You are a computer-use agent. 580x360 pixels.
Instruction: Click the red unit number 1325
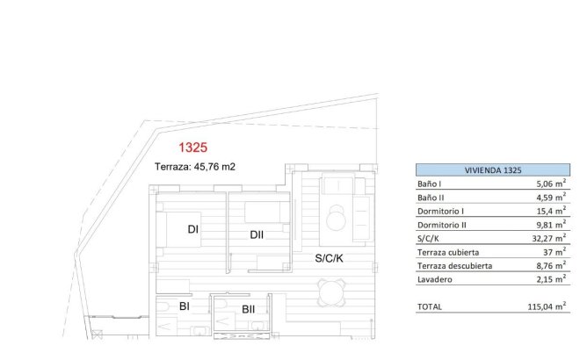192,148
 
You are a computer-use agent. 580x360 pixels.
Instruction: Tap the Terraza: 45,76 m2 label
194,166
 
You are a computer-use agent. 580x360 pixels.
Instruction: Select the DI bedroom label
193,230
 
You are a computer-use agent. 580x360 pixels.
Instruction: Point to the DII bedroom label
257,234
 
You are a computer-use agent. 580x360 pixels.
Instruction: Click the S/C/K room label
330,258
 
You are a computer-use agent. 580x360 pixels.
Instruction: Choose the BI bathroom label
185,306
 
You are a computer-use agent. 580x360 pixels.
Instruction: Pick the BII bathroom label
249,308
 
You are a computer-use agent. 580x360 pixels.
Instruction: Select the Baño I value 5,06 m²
549,184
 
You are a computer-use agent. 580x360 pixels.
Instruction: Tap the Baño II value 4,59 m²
549,198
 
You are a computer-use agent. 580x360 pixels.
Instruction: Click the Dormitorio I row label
440,212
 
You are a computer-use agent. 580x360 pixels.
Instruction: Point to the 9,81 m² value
549,225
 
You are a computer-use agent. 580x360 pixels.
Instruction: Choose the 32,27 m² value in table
547,238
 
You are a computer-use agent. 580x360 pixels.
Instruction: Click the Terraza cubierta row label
448,252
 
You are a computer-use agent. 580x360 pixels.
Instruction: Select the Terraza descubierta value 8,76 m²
549,265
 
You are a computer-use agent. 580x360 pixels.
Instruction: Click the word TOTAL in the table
430,307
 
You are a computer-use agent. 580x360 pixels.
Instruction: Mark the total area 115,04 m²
545,307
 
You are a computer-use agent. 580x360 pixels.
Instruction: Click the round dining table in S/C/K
330,292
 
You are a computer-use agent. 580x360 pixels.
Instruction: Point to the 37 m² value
553,252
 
